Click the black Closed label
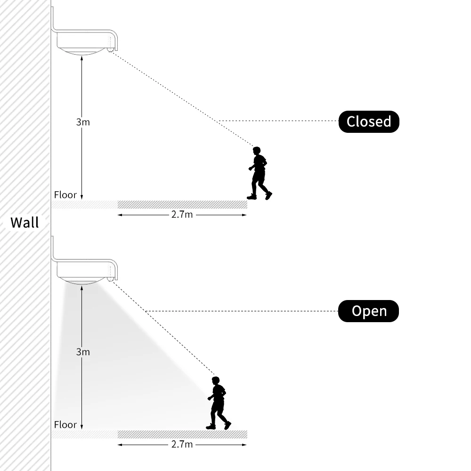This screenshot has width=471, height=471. tap(369, 122)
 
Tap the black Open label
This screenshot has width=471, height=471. tap(369, 311)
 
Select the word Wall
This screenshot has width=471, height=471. tap(24, 222)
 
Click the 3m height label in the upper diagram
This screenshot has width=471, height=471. tap(83, 122)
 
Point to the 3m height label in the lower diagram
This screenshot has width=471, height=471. tap(83, 352)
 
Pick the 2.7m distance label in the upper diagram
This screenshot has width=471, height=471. tap(182, 215)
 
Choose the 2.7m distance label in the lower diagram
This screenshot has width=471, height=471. tap(182, 444)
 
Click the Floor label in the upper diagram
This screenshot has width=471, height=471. tap(65, 195)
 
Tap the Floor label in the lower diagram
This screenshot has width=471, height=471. tap(65, 424)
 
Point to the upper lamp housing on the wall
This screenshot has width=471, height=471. tap(85, 40)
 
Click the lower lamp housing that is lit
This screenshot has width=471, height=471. tap(85, 269)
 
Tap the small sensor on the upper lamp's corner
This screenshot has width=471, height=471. tap(110, 49)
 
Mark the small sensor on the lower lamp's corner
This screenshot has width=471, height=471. tap(110, 279)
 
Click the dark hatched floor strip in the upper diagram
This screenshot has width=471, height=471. tap(182, 204)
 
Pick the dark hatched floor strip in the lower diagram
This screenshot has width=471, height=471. tap(182, 434)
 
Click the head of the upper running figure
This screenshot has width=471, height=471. tap(257, 151)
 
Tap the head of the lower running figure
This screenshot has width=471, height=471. tap(216, 381)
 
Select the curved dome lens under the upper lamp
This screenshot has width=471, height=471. tap(82, 51)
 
